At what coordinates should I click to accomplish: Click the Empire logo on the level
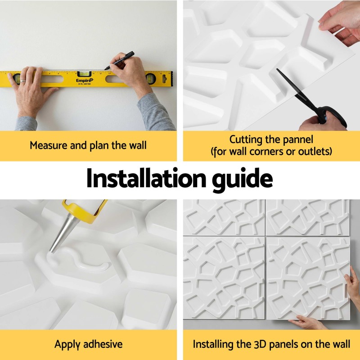pyautogui.click(x=85, y=81)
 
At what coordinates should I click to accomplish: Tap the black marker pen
pyautogui.click(x=119, y=60)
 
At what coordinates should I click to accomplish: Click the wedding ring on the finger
pyautogui.click(x=22, y=81)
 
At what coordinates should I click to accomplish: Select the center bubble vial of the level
pyautogui.click(x=84, y=74)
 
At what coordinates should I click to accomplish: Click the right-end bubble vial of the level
pyautogui.click(x=150, y=78)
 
